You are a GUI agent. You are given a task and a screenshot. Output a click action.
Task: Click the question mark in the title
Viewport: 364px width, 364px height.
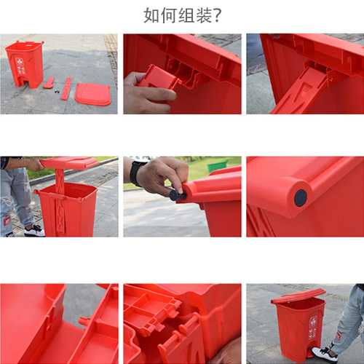(x=216, y=15)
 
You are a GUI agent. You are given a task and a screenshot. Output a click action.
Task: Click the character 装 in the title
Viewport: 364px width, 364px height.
(x=199, y=15)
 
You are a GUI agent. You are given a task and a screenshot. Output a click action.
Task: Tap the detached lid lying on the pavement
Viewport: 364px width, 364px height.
(x=93, y=93)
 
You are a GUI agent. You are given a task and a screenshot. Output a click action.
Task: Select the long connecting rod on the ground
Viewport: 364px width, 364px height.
(x=66, y=88)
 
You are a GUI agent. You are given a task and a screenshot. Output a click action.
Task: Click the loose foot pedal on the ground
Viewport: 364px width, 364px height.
(x=49, y=83)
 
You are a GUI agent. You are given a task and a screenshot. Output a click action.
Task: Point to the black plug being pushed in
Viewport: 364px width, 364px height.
(x=175, y=194)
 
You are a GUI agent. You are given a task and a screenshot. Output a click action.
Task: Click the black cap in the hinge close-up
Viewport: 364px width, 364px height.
(x=300, y=198)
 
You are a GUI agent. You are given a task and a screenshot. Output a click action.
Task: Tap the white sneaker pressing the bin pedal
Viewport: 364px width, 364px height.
(x=324, y=353)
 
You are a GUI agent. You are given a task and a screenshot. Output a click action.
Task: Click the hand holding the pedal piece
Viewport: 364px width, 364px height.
(x=136, y=93)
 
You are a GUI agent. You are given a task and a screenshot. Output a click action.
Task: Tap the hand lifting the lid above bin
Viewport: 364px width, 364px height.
(x=33, y=165)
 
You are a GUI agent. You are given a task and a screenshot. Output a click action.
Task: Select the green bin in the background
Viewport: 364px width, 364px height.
(x=217, y=167)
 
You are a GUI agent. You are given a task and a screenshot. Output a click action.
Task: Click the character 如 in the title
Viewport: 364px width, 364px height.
(x=151, y=15)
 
